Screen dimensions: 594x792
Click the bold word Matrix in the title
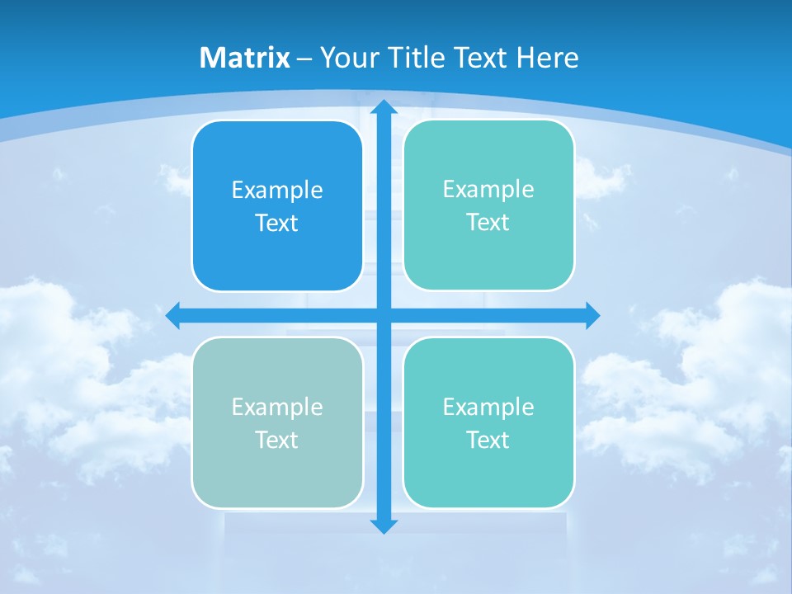coord(245,58)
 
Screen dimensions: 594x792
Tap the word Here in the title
coord(548,58)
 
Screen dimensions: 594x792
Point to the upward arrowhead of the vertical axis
coord(384,106)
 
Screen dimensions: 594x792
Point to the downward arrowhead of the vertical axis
coord(384,526)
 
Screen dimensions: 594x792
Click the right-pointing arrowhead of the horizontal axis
coord(592,315)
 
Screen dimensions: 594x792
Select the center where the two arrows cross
coord(384,315)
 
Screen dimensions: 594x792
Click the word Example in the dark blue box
coord(277,191)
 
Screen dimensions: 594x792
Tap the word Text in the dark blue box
coord(277,224)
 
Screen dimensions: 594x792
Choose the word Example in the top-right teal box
coord(488,190)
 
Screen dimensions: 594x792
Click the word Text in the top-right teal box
coord(488,223)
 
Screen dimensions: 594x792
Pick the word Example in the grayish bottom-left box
coord(277,408)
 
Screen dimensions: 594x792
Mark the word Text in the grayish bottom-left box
coord(277,441)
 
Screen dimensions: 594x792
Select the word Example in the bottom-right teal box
coord(488,408)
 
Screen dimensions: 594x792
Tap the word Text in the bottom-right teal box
coord(488,441)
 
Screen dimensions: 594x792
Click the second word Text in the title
coord(483,58)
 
